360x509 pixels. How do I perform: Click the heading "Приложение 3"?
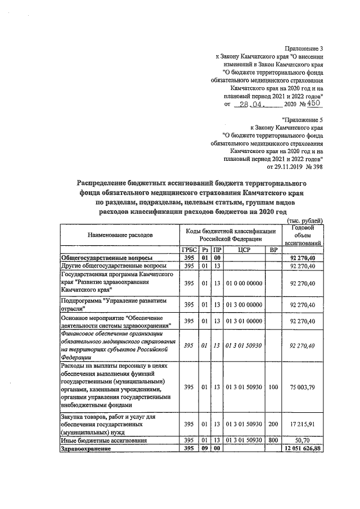click(305, 49)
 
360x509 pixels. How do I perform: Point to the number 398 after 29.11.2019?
click(316, 166)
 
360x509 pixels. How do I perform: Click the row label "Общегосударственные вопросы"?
click(105, 257)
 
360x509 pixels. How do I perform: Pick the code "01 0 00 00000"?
click(244, 282)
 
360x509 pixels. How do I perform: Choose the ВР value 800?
click(273, 441)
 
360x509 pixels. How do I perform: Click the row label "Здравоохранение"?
click(85, 449)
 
